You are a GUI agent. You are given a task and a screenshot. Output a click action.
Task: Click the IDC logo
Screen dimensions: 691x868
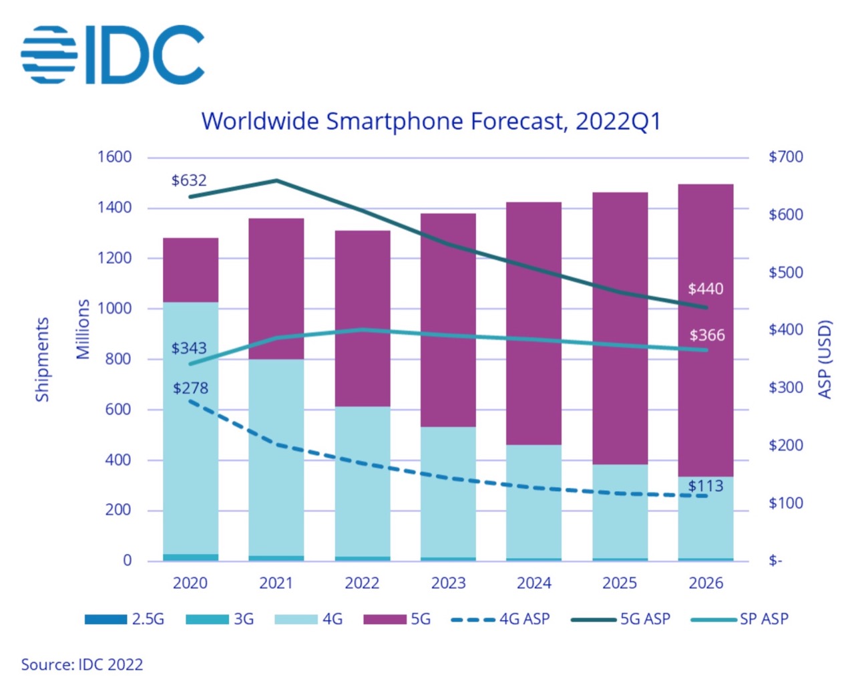click(x=112, y=55)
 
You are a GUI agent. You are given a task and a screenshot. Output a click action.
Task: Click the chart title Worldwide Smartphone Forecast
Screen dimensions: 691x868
click(x=431, y=122)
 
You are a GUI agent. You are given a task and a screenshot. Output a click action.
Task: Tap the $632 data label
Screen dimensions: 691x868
click(x=189, y=180)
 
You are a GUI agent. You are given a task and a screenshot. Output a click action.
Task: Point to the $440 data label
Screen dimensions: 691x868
click(x=706, y=289)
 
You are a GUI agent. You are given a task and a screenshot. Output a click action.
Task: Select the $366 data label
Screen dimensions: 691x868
click(x=707, y=335)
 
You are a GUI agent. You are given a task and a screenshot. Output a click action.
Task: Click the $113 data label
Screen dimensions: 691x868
click(x=706, y=486)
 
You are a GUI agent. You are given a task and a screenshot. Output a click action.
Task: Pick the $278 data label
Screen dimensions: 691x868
click(x=190, y=388)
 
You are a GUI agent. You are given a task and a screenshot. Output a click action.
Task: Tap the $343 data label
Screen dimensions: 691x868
click(x=189, y=348)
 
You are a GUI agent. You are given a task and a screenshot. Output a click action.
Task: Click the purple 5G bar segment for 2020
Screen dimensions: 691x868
click(x=190, y=270)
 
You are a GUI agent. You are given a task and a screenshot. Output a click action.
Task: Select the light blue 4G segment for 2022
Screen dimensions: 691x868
click(x=362, y=481)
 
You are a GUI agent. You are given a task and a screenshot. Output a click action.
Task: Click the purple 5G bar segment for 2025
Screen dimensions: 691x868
click(x=620, y=327)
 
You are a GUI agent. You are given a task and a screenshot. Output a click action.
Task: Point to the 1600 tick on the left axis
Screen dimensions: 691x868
click(x=114, y=157)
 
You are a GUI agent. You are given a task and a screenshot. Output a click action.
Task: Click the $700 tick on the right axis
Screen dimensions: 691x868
click(x=786, y=157)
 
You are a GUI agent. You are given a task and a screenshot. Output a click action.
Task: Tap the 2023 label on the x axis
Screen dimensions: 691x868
click(x=448, y=583)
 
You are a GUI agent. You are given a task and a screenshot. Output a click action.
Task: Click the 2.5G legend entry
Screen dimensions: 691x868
click(x=125, y=619)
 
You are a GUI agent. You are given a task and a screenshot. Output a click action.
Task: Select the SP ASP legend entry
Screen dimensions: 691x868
click(x=740, y=619)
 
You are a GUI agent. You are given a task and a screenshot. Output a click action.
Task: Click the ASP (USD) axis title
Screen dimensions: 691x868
click(x=825, y=360)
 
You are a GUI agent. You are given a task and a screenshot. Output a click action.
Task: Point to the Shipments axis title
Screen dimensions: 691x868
click(x=42, y=360)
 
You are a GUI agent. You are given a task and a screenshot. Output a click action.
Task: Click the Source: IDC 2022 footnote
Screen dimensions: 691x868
click(x=82, y=665)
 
